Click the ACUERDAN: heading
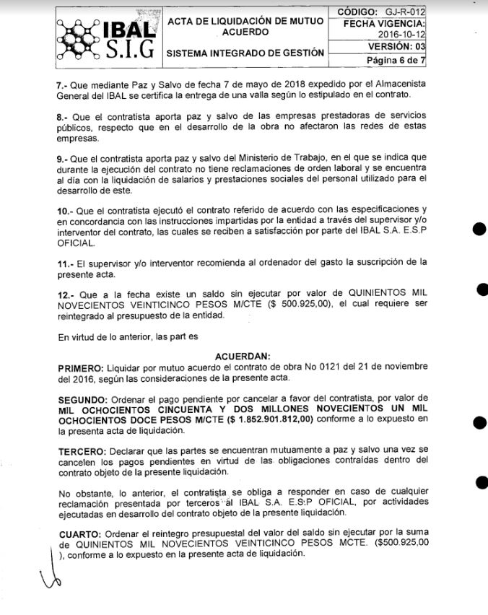pyautogui.click(x=243, y=355)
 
